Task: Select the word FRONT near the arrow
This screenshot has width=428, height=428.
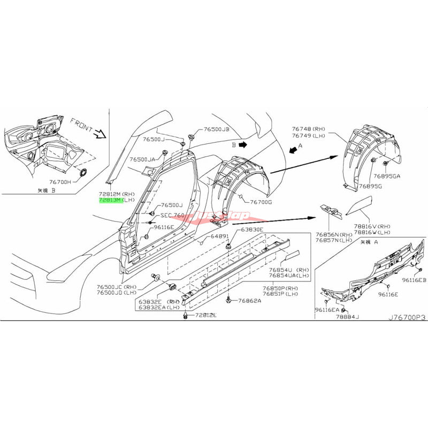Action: tap(83, 125)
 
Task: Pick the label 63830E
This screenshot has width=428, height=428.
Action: tap(251, 230)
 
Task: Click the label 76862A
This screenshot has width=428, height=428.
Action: tap(250, 301)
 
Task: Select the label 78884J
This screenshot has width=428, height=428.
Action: tap(348, 317)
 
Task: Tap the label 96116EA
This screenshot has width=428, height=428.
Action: tap(327, 310)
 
